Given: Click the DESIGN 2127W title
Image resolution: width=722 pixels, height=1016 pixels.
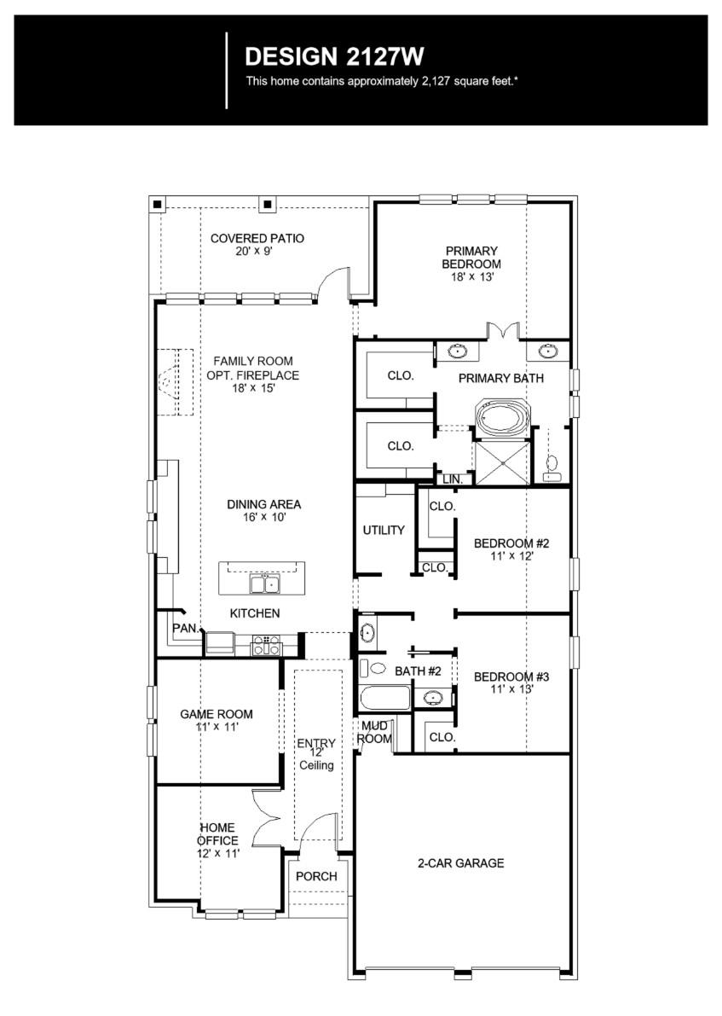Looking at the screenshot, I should coord(334,56).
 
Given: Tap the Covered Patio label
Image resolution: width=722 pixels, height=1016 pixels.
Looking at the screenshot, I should coord(257,238).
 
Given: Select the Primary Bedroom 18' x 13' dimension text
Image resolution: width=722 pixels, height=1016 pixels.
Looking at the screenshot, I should coord(471,277).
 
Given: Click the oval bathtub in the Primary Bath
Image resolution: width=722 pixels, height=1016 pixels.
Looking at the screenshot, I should coord(501,420).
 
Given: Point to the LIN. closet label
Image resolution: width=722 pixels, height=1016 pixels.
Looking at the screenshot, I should coord(452,480).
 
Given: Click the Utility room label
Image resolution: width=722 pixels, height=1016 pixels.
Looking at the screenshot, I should coord(384,530).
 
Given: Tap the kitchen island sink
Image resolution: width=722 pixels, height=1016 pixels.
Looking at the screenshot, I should coord(263,583).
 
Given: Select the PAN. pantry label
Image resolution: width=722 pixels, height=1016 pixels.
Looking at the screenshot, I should coord(184,628).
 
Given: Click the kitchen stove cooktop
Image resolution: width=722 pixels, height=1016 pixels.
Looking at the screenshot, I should coord(265,645).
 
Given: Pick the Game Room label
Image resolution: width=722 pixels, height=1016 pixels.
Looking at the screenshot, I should coord(217,714).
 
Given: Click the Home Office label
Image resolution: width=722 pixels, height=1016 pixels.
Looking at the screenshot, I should coord(217,833).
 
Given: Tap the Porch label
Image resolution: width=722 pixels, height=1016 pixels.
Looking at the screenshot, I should coord(316,876).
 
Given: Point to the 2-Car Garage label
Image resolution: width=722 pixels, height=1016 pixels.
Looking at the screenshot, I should coord(460,862).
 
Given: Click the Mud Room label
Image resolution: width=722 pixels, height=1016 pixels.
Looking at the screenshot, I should coord(376,732).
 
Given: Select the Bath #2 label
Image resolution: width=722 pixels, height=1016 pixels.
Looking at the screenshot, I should coord(418,671).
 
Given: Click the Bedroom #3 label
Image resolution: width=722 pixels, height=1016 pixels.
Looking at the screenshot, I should coord(511,676).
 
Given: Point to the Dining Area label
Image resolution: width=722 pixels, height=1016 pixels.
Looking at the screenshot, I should coord(263,504).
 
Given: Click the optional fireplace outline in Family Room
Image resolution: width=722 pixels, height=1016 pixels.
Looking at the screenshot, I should coord(176,382).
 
